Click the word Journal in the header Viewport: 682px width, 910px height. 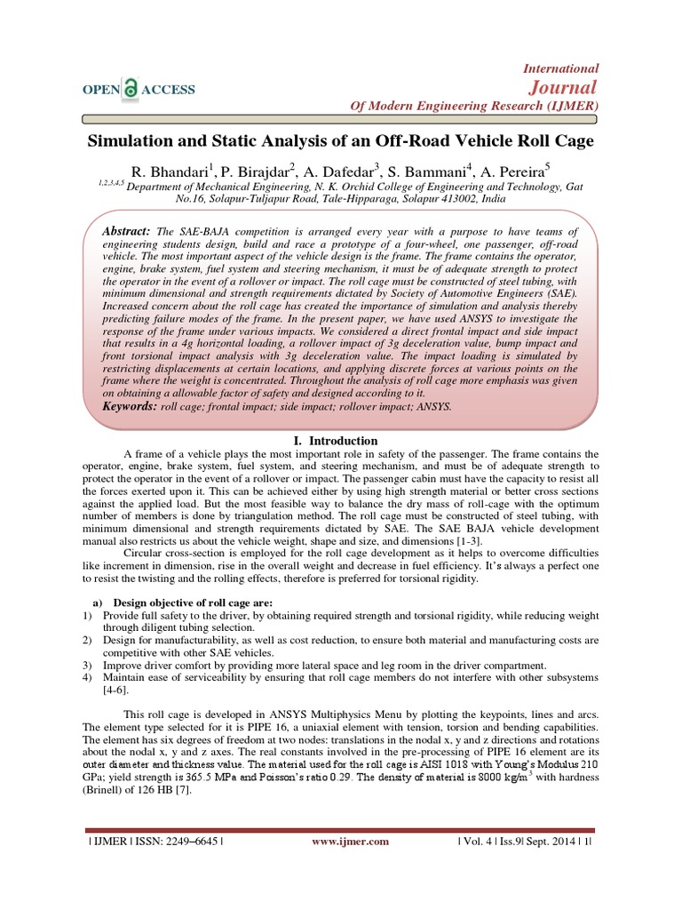[x=566, y=87]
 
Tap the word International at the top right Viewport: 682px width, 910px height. [x=563, y=68]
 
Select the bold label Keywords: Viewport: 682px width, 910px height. [x=131, y=406]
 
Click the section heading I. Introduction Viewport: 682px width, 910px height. [x=335, y=441]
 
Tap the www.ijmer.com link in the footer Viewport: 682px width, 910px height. [x=352, y=841]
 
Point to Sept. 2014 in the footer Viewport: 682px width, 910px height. [x=550, y=841]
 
